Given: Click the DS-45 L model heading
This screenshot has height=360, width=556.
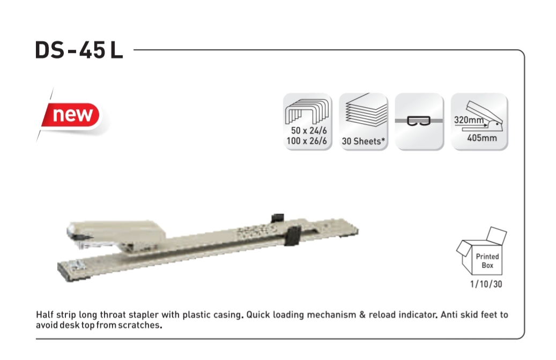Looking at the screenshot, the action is (79, 50).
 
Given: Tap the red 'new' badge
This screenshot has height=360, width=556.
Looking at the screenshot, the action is (72, 115).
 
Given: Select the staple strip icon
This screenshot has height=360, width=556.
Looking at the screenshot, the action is (307, 111).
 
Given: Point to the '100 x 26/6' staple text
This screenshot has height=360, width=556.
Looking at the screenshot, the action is (307, 141).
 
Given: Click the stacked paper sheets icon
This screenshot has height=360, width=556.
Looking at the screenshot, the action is (365, 110).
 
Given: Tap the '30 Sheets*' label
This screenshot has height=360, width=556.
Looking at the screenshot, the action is (363, 141).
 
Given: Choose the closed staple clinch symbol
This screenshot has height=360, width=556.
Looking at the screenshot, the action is (419, 121).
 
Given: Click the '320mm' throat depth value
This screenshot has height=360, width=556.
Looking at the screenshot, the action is (469, 120).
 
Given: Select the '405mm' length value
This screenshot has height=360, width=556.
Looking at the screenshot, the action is (482, 138).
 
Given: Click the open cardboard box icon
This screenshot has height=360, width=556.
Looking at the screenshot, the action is (481, 251).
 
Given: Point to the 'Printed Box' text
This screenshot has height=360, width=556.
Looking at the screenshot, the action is (487, 261).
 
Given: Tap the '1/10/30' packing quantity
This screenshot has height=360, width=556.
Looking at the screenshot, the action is (486, 284).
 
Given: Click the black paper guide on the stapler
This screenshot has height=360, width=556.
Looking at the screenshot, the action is (293, 235).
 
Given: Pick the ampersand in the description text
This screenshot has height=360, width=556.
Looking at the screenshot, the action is (362, 314).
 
